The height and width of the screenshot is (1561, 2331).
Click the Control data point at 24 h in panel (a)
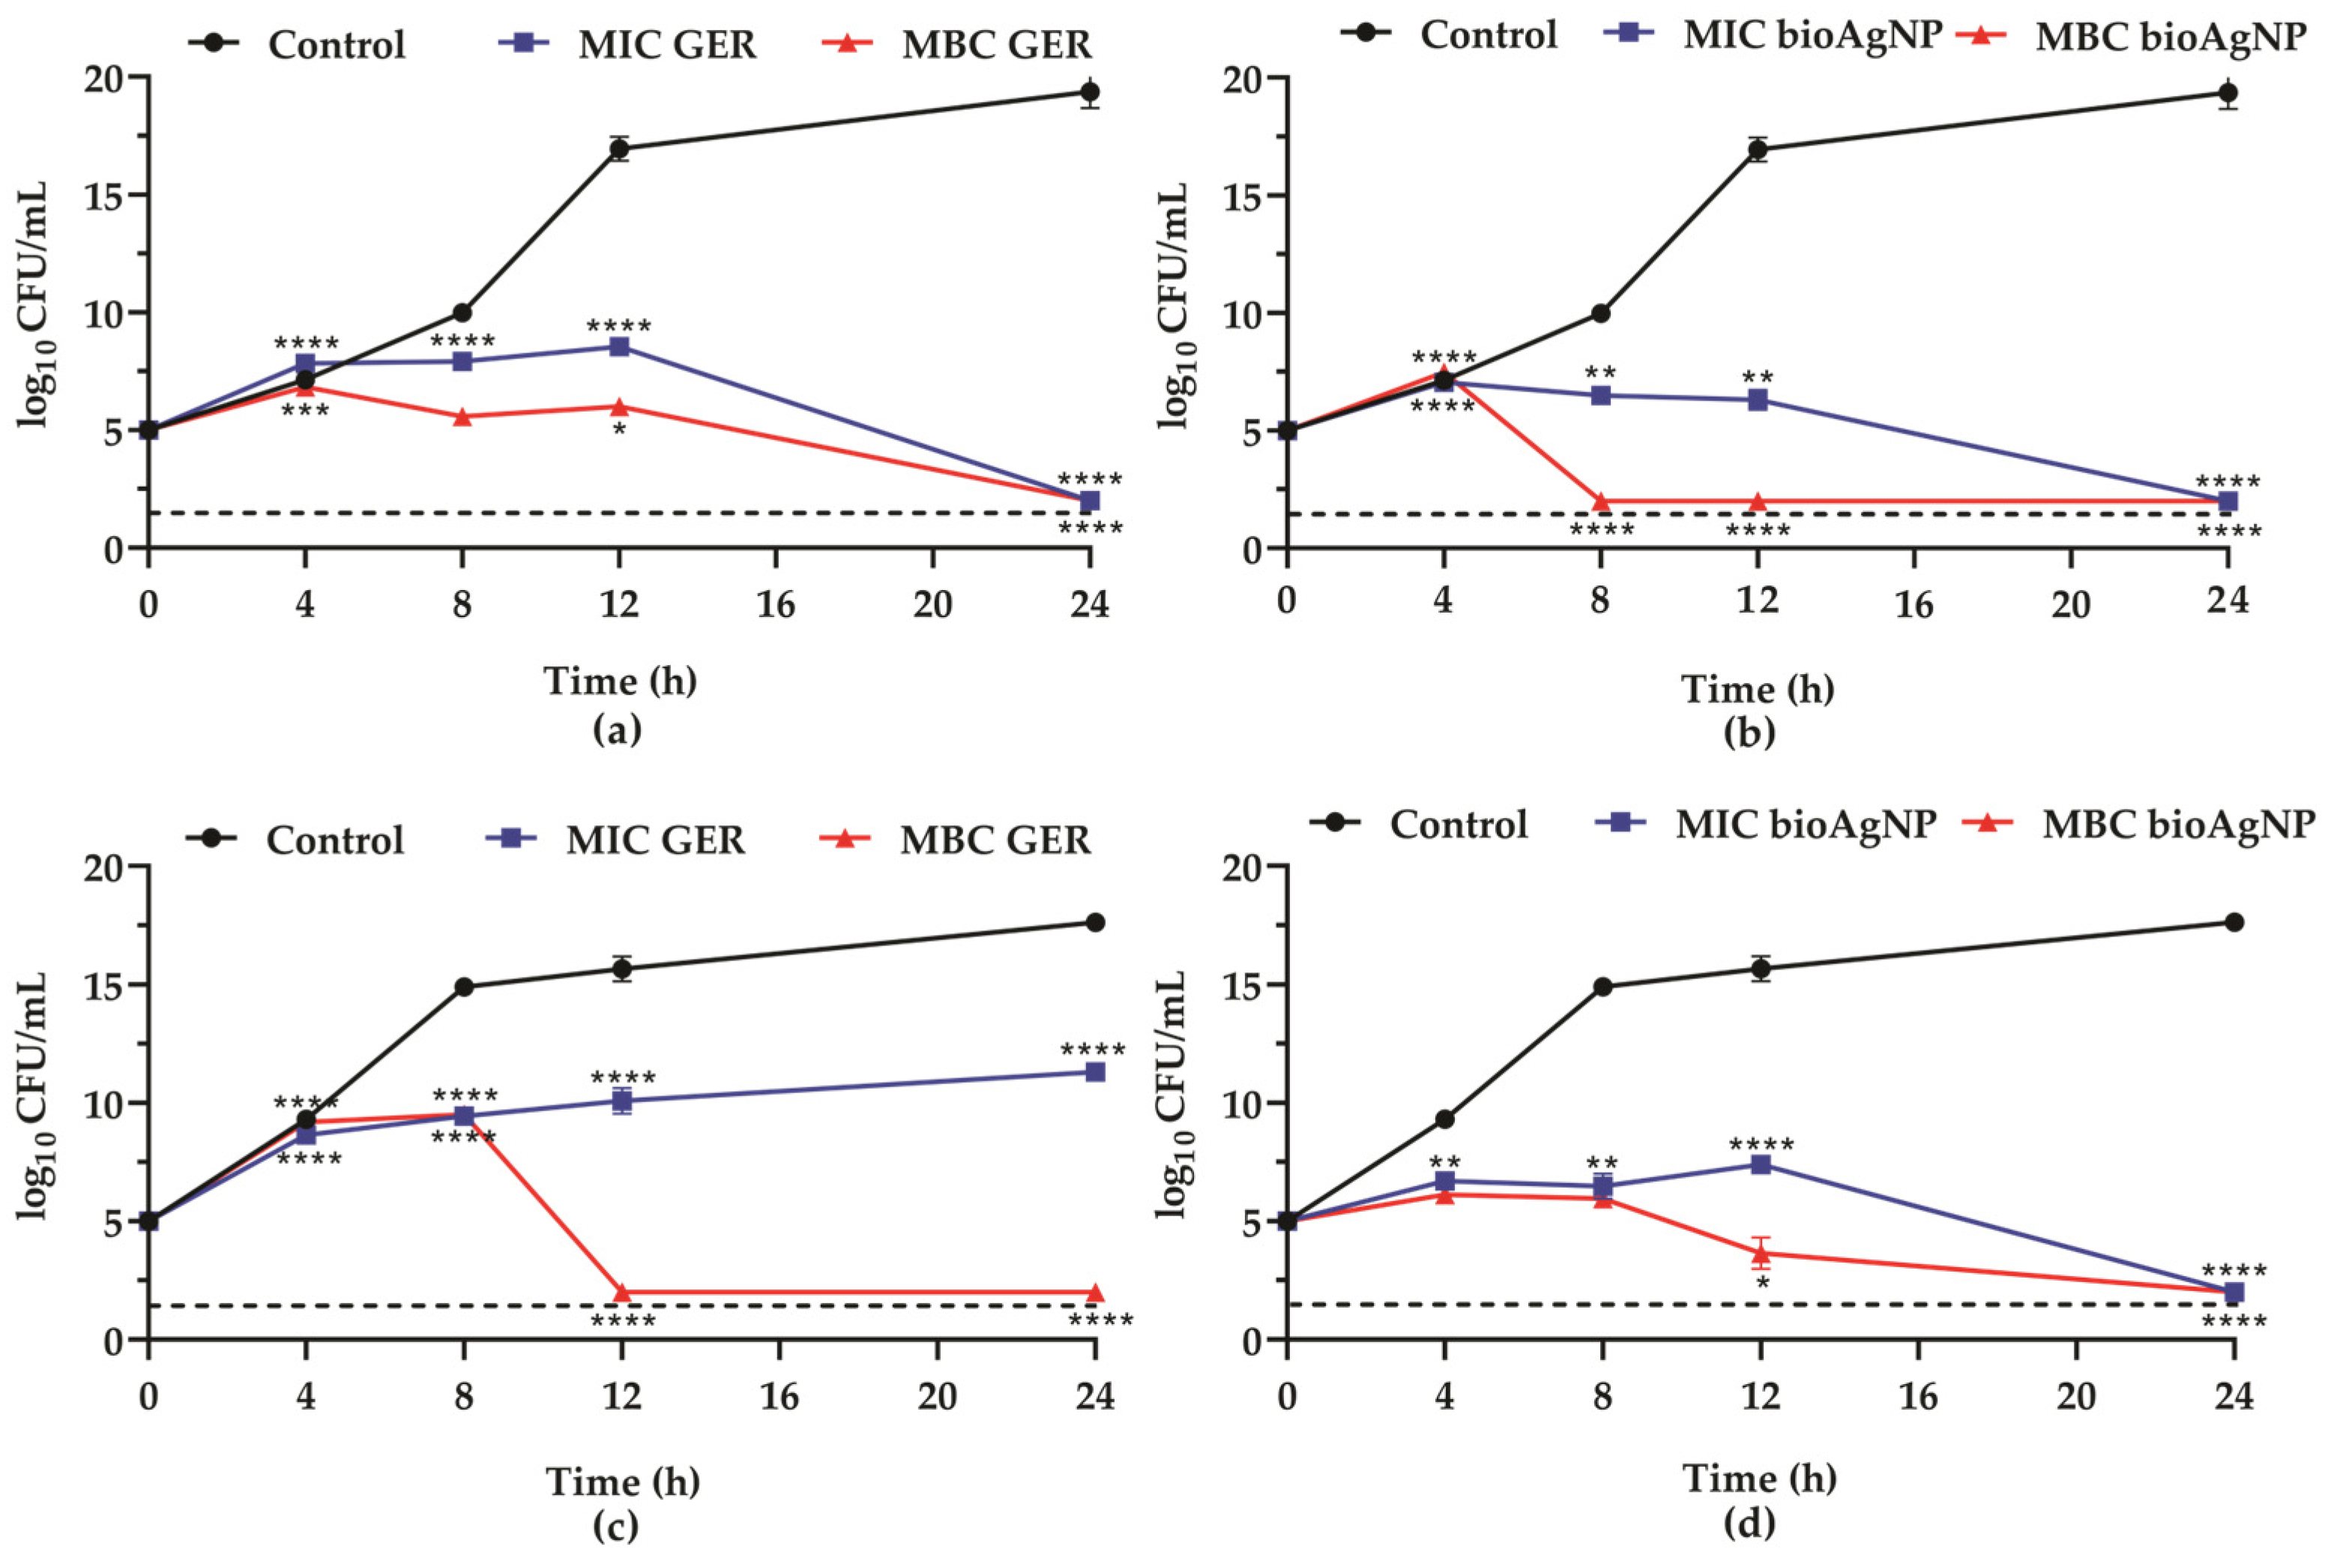pos(1090,92)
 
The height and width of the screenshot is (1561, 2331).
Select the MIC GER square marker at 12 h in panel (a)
pos(619,347)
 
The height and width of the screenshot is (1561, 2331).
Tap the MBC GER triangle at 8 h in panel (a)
pos(462,416)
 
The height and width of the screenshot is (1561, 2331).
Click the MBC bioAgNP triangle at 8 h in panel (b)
pos(1600,500)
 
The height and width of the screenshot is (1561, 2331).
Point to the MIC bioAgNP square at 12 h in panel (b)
pos(1758,399)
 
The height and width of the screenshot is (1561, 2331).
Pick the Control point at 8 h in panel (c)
pos(462,987)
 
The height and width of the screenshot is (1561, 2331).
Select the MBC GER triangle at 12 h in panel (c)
pos(623,1292)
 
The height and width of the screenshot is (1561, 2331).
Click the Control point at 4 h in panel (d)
pos(1444,1119)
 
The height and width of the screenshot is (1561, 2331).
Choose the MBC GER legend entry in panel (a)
pos(995,45)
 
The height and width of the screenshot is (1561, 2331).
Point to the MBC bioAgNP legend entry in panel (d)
pos(2177,824)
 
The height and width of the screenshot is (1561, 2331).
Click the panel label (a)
pos(617,731)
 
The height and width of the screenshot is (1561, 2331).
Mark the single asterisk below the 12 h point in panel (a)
pos(619,432)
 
